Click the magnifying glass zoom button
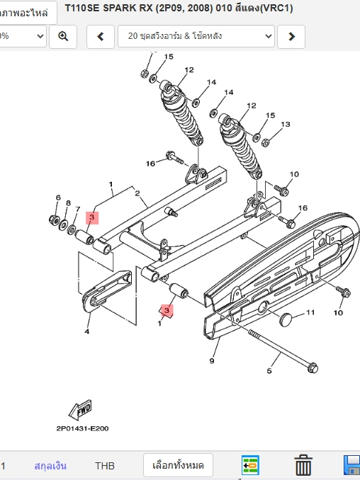[x=63, y=36]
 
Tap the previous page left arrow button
[x=101, y=36]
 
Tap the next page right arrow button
[x=291, y=36]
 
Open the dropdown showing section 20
[x=196, y=36]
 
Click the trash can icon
[x=303, y=465]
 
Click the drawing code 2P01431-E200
[x=82, y=428]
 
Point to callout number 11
[x=310, y=312]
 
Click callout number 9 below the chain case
[x=212, y=361]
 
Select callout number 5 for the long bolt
[x=269, y=371]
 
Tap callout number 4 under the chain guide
[x=87, y=331]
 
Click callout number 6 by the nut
[x=58, y=198]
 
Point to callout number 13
[x=286, y=125]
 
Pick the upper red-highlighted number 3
[x=92, y=217]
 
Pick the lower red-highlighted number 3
[x=167, y=310]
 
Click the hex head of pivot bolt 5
[x=313, y=367]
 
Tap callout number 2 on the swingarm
[x=137, y=193]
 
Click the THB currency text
[x=105, y=466]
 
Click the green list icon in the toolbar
[x=250, y=464]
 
